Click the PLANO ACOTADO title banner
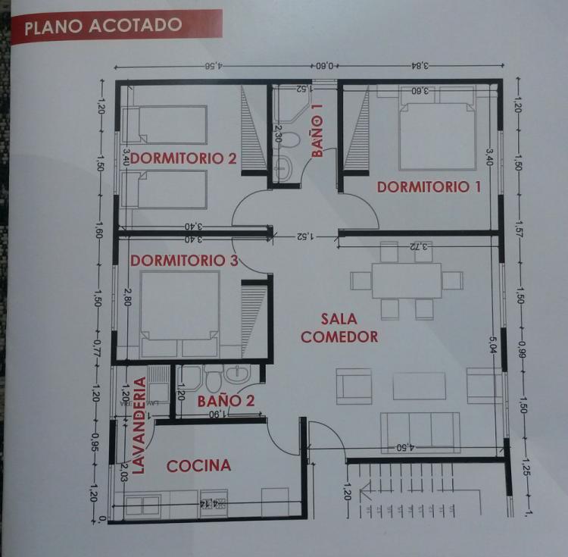point(104,26)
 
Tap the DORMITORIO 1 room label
point(429,187)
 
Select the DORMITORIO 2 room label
point(184,159)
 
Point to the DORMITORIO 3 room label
point(184,261)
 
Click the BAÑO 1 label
point(317,131)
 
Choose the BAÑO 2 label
point(225,401)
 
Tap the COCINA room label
point(198,466)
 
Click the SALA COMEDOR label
point(339,328)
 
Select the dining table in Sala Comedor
point(406,280)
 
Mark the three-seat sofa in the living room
point(420,431)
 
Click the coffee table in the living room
point(419,386)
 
